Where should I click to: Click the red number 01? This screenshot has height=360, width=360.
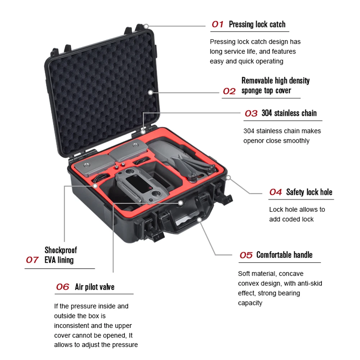coord(218,24)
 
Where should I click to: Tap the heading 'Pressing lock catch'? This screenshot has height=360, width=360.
coord(257,24)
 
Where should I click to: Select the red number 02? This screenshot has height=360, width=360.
coord(229,91)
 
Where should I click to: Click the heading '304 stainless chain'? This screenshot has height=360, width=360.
coord(289,113)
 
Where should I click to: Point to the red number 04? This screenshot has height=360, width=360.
coord(275,192)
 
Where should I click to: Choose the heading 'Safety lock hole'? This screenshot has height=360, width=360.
coord(309,192)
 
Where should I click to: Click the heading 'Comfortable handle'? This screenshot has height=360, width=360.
coord(284,255)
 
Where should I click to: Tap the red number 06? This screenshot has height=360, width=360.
coord(63,287)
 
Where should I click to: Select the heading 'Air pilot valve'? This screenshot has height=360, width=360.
coord(95,287)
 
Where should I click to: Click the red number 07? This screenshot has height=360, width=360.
coord(32,260)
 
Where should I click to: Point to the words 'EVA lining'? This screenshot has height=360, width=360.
coord(59,260)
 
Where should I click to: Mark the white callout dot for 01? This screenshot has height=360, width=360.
coord(146,26)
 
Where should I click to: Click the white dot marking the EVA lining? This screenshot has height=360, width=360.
coord(95,186)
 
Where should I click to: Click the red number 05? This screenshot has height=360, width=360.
coord(246,255)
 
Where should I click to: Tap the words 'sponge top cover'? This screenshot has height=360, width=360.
coord(266,91)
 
